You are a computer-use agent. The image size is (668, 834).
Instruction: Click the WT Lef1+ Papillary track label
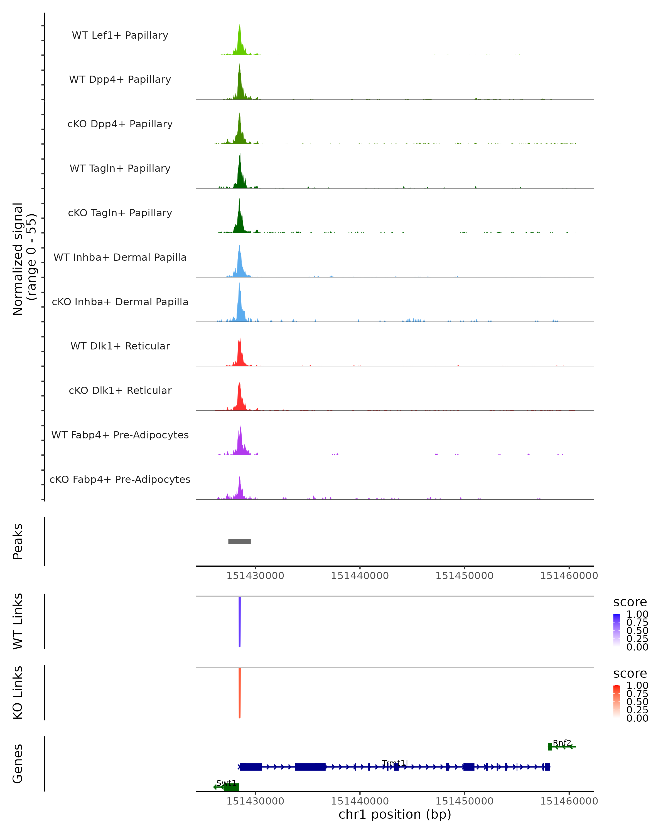click(x=120, y=35)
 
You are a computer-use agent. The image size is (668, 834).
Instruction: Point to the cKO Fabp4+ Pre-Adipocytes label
click(x=120, y=479)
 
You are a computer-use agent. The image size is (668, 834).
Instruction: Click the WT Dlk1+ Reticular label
click(x=120, y=346)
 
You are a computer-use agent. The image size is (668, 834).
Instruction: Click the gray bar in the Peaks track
click(x=239, y=542)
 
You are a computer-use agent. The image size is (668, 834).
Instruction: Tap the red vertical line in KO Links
click(x=240, y=693)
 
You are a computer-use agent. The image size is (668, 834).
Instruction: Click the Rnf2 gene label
click(x=561, y=743)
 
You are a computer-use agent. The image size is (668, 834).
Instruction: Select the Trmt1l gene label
click(x=395, y=763)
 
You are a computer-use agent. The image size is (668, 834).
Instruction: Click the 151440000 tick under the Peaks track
click(x=360, y=576)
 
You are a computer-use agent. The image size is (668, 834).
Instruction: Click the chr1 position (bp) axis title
click(x=395, y=815)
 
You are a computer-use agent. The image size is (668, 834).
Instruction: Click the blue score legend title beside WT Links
click(x=630, y=602)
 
